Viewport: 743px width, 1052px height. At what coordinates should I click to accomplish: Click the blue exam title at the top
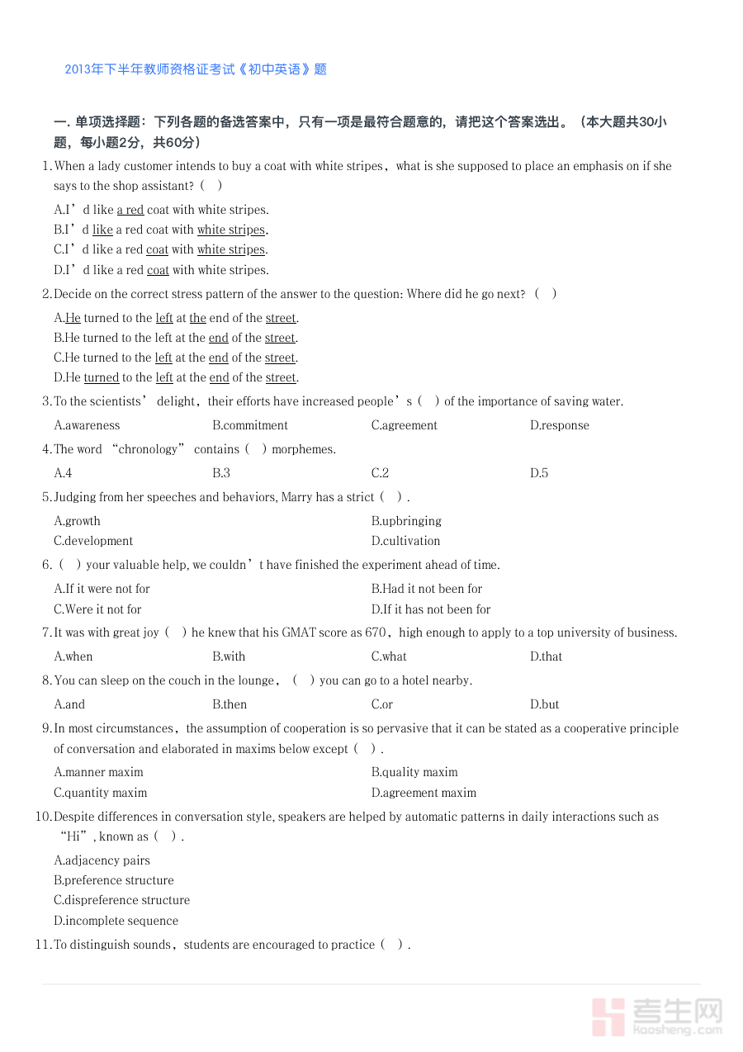pos(196,69)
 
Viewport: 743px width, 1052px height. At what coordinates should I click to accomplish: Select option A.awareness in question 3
pos(87,425)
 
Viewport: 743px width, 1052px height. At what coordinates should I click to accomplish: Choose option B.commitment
pos(250,425)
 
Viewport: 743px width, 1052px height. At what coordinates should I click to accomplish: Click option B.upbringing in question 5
pos(406,521)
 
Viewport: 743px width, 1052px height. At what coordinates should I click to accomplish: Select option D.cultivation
pos(405,541)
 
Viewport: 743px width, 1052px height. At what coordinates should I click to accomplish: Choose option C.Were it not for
pos(97,609)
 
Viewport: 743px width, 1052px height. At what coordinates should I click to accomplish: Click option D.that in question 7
pos(546,656)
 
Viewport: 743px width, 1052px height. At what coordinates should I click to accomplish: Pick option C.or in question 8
pos(381,704)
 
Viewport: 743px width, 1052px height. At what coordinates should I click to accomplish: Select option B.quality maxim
pos(414,772)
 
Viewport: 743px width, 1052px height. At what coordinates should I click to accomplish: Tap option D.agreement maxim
pos(424,793)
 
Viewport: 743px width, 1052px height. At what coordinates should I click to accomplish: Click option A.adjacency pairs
pos(102,860)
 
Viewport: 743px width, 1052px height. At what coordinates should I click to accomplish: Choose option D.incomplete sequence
pos(116,921)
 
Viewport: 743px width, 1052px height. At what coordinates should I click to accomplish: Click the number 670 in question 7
pos(376,633)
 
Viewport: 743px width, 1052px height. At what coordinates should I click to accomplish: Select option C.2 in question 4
pos(380,473)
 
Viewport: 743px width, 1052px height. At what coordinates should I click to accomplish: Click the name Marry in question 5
pos(297,497)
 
